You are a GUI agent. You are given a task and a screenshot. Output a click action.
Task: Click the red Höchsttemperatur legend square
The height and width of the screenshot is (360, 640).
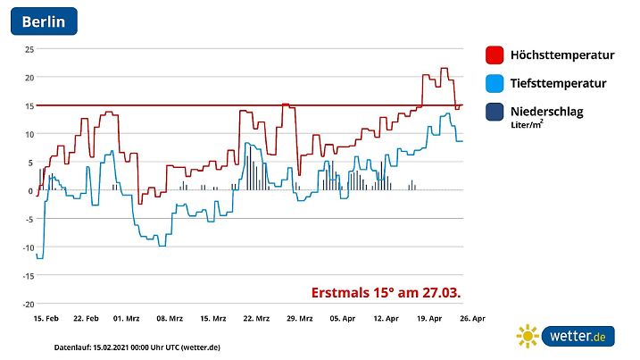point(495,55)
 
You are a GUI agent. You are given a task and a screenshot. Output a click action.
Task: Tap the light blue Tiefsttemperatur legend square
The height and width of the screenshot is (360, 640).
point(495,84)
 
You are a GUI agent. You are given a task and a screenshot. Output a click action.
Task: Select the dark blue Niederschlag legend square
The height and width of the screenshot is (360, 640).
point(495,113)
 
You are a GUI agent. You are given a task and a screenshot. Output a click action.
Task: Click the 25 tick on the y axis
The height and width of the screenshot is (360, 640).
point(29,49)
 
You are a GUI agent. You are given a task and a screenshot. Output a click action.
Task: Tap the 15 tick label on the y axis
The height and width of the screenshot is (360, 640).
point(29,105)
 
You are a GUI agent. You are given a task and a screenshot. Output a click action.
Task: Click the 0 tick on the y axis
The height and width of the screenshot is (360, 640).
point(30,190)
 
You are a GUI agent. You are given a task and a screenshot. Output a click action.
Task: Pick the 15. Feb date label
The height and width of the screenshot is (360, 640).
point(46,318)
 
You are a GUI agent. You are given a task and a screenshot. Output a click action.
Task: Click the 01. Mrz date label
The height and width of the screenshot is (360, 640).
point(127,318)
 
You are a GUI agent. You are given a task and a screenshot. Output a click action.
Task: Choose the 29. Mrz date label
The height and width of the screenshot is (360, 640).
point(301,318)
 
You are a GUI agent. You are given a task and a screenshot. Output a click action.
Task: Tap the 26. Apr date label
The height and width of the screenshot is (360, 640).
point(471,318)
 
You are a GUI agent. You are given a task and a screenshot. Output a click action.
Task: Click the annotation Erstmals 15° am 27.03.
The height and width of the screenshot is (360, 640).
point(386,292)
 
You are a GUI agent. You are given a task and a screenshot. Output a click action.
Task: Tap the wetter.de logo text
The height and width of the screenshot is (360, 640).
point(578,337)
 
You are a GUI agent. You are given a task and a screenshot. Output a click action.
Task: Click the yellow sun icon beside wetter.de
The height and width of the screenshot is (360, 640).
point(528,337)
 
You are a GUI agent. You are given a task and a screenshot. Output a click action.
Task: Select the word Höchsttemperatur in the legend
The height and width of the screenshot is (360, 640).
point(561,55)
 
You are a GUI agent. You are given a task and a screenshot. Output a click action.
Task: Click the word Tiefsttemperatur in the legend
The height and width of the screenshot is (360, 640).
point(558,84)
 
